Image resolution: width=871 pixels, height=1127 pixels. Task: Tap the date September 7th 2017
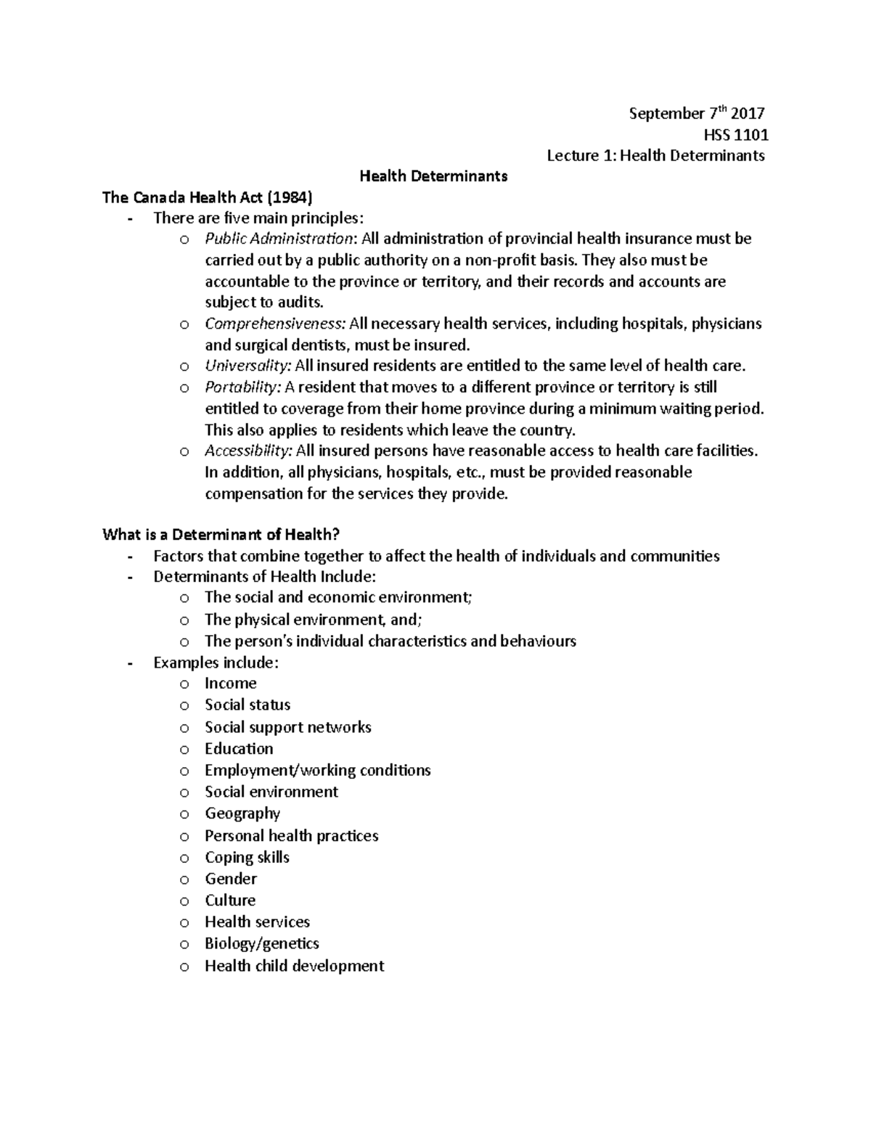point(696,113)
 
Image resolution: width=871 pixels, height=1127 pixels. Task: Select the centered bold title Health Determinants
point(434,176)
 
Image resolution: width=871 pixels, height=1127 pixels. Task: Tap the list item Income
point(230,684)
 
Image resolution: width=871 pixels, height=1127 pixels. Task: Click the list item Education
point(239,749)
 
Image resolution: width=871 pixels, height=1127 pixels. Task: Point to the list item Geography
point(242,814)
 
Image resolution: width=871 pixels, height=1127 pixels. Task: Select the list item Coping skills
point(247,858)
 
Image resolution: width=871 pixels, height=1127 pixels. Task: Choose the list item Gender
point(231,879)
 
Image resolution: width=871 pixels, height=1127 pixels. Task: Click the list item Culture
point(230,901)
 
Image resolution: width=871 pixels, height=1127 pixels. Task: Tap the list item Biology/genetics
point(261,943)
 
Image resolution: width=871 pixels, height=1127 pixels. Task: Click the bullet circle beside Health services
point(184,923)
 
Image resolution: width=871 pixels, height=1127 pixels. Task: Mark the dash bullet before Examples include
point(130,663)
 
